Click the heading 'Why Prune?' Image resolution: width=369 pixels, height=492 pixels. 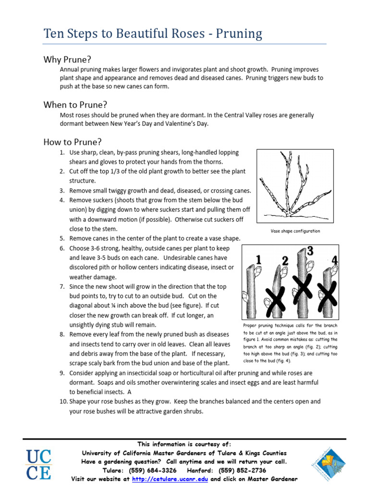67,60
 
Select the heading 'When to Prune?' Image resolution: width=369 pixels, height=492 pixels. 75,105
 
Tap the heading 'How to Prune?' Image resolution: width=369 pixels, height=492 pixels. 73,142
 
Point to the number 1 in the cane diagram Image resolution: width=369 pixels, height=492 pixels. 259,260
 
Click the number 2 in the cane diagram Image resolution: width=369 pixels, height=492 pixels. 285,261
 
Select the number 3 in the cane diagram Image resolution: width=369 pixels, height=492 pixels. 310,251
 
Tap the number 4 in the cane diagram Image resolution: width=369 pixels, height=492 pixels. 335,260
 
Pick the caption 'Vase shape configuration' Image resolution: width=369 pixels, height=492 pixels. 295,231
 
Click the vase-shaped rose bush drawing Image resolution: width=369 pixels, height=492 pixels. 295,185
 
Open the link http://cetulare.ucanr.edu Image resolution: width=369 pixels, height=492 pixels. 170,479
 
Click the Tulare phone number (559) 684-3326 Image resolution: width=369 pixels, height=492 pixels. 150,470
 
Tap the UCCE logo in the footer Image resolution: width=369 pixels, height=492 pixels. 39,465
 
